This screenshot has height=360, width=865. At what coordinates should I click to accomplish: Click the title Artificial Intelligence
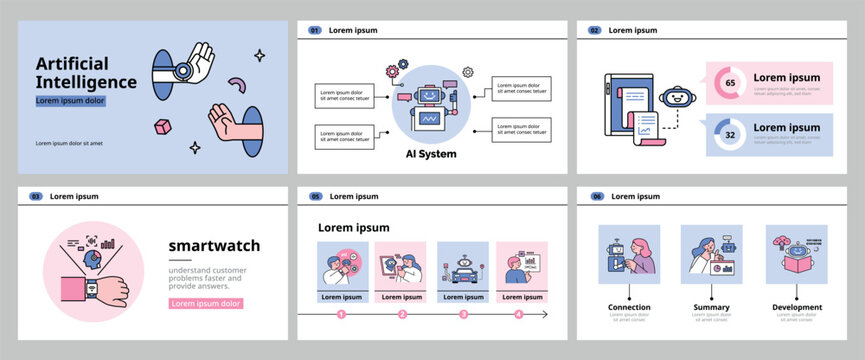(x=86, y=72)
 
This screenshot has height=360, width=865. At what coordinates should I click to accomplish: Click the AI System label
(x=430, y=154)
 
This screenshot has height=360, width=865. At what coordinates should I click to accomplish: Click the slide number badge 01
(x=314, y=31)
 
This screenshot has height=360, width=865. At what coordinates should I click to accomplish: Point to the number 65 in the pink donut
(x=729, y=82)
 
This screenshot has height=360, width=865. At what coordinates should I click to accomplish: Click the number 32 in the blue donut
(x=729, y=134)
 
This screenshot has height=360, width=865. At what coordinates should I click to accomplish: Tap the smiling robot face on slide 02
(x=680, y=98)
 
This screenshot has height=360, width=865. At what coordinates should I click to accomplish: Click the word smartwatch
(x=214, y=246)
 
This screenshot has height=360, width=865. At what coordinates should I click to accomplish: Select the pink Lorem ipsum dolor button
(x=206, y=303)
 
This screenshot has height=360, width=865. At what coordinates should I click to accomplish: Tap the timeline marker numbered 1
(x=341, y=314)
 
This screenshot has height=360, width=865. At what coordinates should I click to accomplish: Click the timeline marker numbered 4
(x=518, y=314)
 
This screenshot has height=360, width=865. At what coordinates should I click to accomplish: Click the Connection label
(x=629, y=307)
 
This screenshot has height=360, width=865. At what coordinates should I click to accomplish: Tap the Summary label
(x=712, y=307)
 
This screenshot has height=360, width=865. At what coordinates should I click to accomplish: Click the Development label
(x=797, y=307)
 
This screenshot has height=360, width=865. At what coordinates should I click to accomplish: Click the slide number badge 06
(x=597, y=196)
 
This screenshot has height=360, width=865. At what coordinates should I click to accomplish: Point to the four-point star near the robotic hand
(x=259, y=55)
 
